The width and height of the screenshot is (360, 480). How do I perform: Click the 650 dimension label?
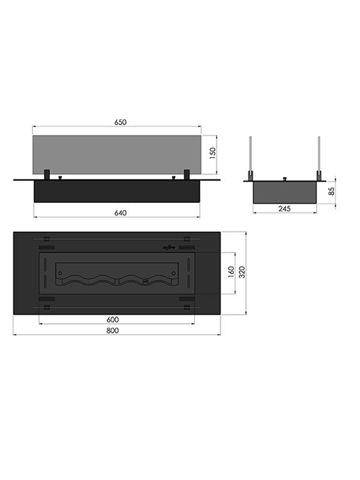tap(120, 122)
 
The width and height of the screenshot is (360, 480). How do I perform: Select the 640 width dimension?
tap(118, 212)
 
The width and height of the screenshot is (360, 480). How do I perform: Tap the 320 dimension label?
tap(241, 273)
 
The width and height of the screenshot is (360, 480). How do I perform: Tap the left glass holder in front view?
tap(46, 175)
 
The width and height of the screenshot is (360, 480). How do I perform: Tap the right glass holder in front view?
tap(187, 175)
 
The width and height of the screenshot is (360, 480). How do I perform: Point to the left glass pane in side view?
tap(250, 157)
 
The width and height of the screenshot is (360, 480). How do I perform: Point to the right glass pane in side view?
tap(319, 157)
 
